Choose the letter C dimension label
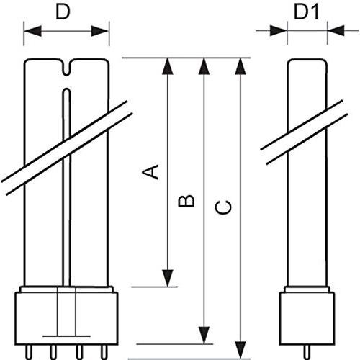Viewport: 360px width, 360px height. point(225,207)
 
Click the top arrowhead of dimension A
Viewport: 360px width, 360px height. point(168,67)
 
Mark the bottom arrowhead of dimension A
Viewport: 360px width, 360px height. point(168,277)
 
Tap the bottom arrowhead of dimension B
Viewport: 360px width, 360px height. point(204,335)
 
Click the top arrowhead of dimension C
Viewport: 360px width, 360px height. point(240,67)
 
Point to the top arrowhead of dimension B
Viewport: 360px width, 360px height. point(204,67)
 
